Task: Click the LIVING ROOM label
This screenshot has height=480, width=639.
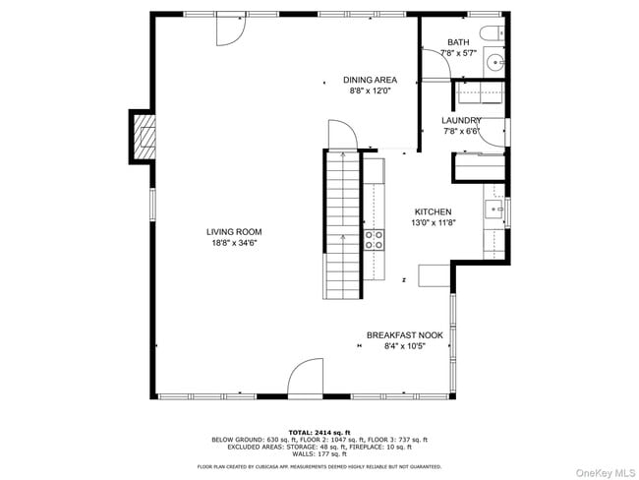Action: tap(234, 232)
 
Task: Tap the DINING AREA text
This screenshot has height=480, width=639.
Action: tap(370, 80)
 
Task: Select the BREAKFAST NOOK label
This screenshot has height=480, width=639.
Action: tap(404, 334)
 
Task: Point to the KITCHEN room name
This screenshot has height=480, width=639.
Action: tap(433, 212)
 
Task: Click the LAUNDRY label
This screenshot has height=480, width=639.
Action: tap(460, 120)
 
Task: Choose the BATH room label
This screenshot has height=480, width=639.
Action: tap(458, 42)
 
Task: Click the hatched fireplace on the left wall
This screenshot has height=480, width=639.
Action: tap(144, 136)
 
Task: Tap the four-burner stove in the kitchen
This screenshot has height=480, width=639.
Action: tap(375, 241)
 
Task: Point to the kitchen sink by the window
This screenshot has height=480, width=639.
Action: tap(494, 209)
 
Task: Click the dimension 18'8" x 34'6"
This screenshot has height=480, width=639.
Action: tap(234, 243)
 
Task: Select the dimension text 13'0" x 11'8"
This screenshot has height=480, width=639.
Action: tap(433, 223)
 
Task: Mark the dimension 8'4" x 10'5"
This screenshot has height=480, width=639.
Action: tap(404, 345)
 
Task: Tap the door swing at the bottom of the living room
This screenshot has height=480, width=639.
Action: tap(306, 379)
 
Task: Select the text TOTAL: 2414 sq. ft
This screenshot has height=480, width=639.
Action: tap(319, 432)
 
